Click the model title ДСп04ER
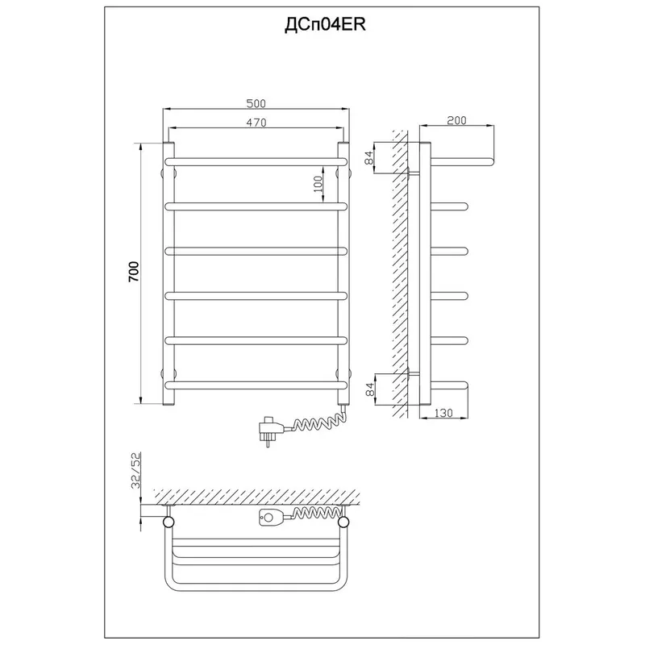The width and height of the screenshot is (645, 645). tap(325, 25)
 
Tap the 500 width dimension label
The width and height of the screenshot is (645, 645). tap(256, 104)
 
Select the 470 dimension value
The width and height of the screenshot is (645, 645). tap(256, 123)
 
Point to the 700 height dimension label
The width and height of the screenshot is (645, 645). tap(135, 272)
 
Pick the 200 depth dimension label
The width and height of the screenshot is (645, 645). tap(456, 120)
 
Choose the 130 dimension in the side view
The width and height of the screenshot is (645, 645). tap(443, 413)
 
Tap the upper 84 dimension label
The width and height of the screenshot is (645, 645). tap(369, 157)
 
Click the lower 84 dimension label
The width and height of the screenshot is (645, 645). tap(370, 389)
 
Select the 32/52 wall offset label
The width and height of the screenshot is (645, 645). tap(136, 470)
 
